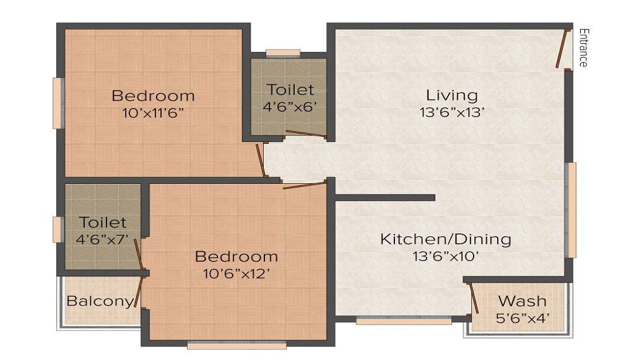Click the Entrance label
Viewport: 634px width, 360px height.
(583, 48)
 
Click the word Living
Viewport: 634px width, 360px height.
(451, 95)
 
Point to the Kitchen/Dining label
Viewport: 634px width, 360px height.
(445, 239)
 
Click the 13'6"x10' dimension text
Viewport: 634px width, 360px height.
(445, 257)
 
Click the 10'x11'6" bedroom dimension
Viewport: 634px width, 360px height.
(153, 113)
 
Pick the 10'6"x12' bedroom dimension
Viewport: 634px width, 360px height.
(236, 274)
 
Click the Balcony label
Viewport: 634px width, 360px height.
(100, 301)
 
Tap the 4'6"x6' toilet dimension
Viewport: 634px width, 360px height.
(289, 106)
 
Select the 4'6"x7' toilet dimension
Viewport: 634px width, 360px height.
(103, 240)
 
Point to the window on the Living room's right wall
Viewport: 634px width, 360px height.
(571, 210)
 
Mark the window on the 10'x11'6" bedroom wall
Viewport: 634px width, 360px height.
(58, 103)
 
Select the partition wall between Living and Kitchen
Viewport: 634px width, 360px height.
(384, 198)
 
